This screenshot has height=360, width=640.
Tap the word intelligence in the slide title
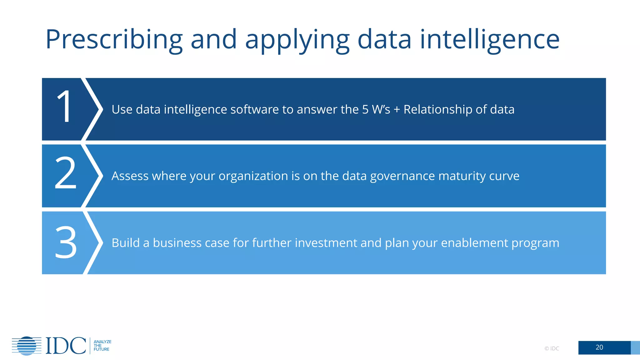pos(489,40)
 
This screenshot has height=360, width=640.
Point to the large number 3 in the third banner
pos(66,242)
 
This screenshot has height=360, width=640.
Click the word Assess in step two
pos(130,176)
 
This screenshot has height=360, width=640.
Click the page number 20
pos(599,347)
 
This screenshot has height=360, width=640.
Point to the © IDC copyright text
pos(552,348)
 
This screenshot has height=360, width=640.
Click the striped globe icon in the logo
pos(27,346)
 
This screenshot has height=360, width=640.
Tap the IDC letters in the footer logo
pos(66,346)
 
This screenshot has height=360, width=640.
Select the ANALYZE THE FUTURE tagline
pos(102,346)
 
